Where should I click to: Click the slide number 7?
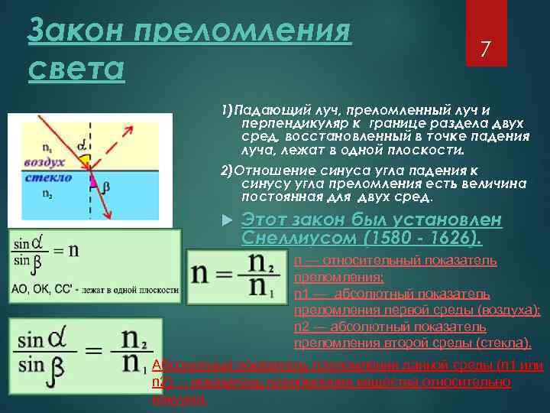(483, 50)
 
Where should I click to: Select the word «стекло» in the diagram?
(47, 177)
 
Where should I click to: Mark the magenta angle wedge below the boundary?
(93, 180)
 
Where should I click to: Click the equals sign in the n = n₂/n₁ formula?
(225, 273)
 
